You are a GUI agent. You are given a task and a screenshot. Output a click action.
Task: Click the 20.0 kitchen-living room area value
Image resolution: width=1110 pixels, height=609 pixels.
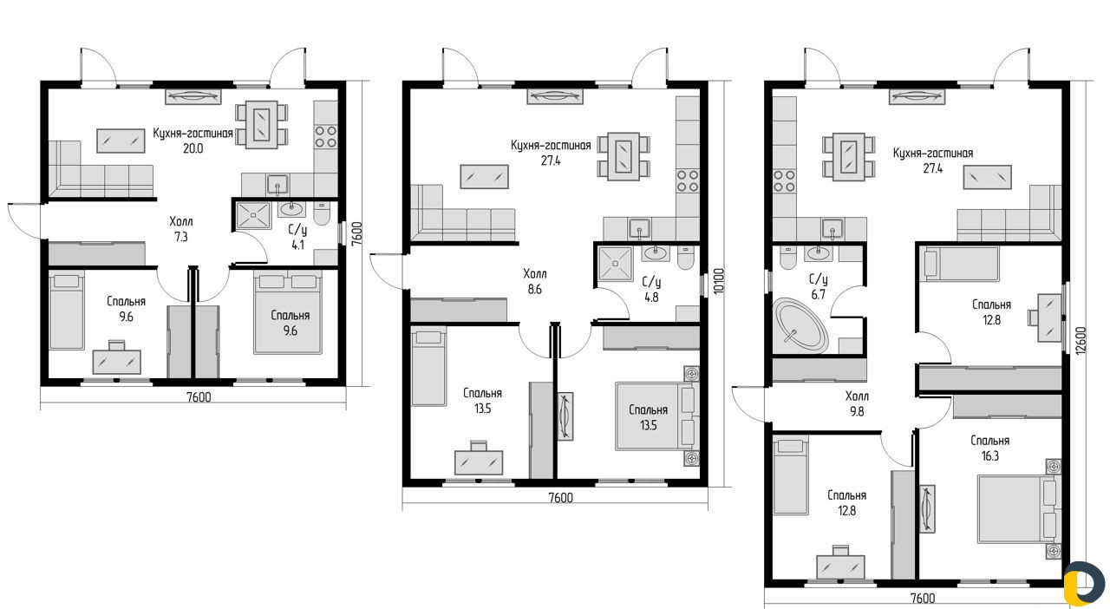193,148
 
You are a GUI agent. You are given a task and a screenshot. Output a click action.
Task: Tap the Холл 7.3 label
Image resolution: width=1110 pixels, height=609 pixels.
181,229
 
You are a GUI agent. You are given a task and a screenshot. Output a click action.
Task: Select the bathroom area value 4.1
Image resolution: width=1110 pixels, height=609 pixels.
297,245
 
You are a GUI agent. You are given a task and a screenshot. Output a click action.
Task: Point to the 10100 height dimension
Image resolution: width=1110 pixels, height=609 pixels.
719,281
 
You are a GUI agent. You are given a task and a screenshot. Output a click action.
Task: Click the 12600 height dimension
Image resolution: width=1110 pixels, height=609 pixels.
1081,340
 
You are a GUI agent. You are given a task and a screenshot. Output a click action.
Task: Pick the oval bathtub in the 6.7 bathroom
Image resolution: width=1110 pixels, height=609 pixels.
801,325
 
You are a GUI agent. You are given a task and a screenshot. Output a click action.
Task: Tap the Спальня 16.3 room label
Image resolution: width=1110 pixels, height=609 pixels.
990,449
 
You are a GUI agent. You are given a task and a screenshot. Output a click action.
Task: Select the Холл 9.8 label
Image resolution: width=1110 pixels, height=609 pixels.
857,403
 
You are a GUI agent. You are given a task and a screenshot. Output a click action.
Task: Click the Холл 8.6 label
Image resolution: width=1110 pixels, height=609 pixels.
535,281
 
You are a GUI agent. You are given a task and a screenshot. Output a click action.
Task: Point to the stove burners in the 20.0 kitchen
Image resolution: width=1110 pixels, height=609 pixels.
325,137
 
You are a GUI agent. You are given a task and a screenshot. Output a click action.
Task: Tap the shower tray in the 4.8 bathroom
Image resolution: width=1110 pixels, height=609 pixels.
616,264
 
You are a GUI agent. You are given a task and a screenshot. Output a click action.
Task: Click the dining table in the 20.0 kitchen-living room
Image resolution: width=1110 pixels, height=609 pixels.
261,124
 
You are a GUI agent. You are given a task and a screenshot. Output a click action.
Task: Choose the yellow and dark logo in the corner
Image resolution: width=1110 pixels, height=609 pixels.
1084,583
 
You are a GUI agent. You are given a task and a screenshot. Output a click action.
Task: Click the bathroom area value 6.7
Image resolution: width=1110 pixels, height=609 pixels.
818,295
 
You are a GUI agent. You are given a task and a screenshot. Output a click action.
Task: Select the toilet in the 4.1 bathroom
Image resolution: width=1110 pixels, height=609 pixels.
322,213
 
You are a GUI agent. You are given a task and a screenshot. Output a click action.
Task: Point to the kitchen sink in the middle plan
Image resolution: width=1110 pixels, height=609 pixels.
640,228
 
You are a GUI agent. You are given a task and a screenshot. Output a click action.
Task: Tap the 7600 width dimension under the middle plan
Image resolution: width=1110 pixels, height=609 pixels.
560,497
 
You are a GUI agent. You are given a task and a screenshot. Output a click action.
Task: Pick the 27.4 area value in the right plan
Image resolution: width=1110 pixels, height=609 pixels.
932,168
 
